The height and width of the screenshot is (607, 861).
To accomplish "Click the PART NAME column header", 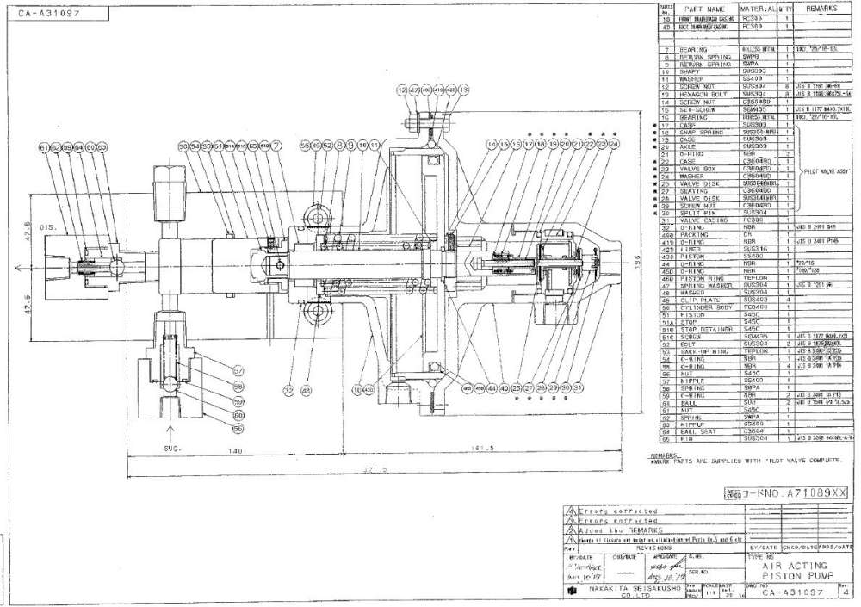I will click(705, 9).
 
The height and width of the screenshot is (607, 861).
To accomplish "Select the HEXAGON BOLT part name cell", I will click(705, 93).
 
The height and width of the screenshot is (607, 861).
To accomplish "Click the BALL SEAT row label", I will click(701, 431).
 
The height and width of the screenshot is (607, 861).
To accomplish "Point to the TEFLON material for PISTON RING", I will click(753, 279).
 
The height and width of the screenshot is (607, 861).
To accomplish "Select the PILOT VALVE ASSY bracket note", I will click(828, 172).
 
